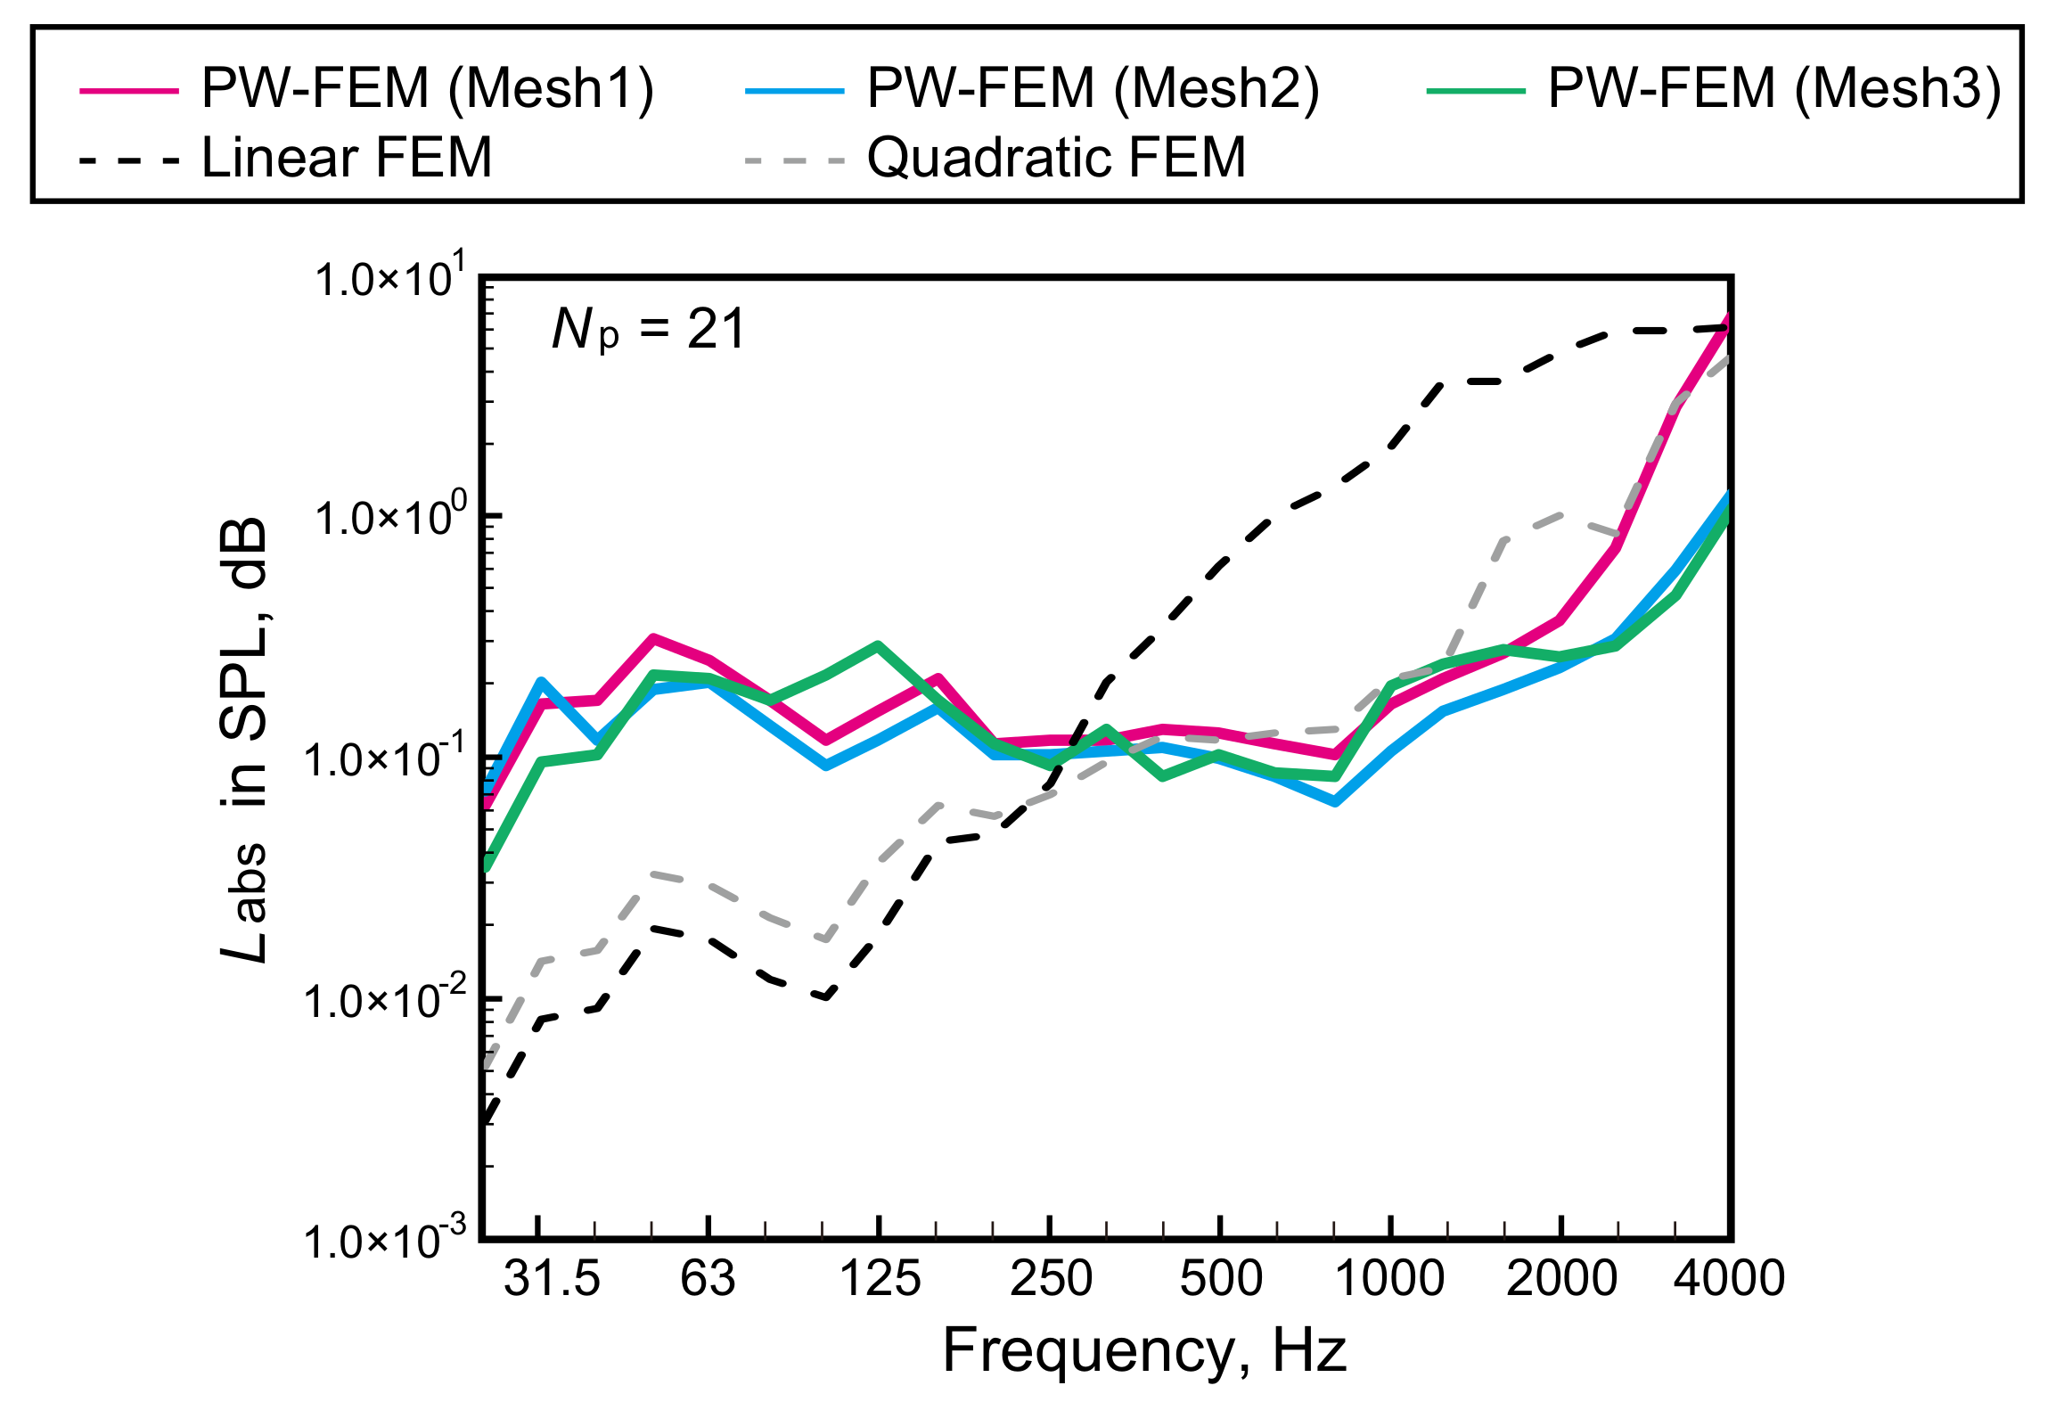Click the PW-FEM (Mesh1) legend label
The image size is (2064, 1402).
pos(427,89)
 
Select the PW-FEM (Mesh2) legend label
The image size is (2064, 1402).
pos(1093,89)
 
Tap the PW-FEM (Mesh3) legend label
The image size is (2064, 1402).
pos(1774,89)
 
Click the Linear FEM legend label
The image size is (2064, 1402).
pos(347,159)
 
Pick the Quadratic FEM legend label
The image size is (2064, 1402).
pos(1056,159)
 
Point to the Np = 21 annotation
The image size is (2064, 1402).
pos(648,330)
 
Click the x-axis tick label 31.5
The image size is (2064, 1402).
pos(552,1278)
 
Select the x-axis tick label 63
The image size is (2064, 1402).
pos(708,1278)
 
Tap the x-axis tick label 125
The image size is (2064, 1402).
pos(880,1278)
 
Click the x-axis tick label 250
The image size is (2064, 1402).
pos(1051,1278)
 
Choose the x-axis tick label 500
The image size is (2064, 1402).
pos(1221,1278)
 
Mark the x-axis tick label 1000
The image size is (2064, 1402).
pos(1389,1278)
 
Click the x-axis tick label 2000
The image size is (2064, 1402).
pos(1561,1278)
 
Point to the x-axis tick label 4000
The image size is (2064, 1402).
pos(1729,1278)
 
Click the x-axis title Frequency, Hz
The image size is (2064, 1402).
pos(1144,1351)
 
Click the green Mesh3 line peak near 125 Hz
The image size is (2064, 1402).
pos(879,644)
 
